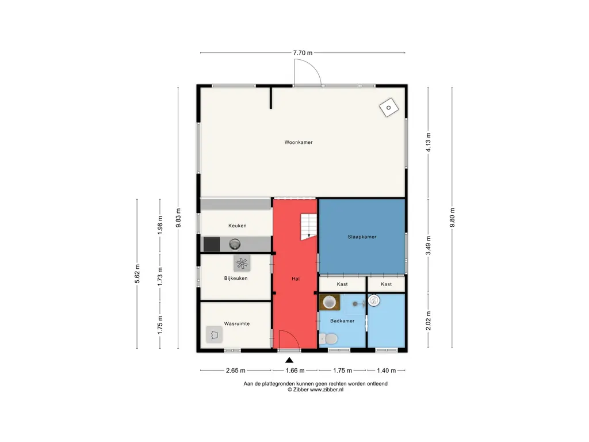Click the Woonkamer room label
tap(299, 143)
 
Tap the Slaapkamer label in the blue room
tap(362, 237)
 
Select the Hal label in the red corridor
tap(296, 279)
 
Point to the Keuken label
tap(238, 226)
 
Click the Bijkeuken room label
tap(236, 279)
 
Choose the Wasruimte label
tap(236, 323)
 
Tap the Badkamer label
tap(342, 321)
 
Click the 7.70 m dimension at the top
tap(303, 53)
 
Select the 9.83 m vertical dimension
tap(178, 218)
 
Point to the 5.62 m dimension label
tap(137, 274)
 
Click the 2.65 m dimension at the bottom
tap(235, 371)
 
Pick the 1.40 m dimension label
tap(386, 371)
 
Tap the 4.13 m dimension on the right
tap(428, 143)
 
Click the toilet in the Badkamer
tap(328, 339)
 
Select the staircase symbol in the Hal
tap(309, 227)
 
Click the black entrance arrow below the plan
tap(289, 360)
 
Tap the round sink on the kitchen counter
tap(235, 244)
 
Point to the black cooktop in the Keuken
tap(212, 244)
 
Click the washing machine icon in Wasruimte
tap(215, 334)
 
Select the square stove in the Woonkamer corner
tap(389, 108)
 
